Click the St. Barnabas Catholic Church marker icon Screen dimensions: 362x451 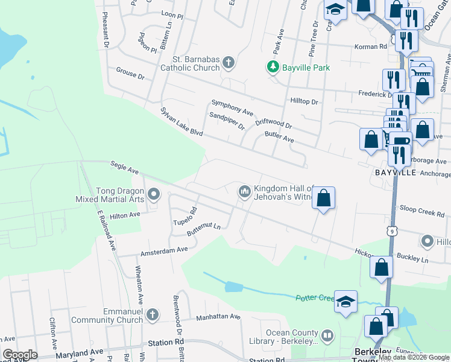[228, 62]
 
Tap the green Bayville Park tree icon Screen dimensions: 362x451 [273, 67]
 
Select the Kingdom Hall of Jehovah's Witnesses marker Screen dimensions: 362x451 [244, 191]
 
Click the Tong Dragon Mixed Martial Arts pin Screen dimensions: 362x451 [154, 194]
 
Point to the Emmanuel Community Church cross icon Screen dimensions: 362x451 [153, 314]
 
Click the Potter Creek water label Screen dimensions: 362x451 [314, 298]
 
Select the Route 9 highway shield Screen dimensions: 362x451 [393, 230]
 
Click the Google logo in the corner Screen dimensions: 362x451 [20, 354]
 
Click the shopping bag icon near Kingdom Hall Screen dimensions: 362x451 [323, 198]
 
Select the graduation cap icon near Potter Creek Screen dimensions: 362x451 [345, 302]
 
